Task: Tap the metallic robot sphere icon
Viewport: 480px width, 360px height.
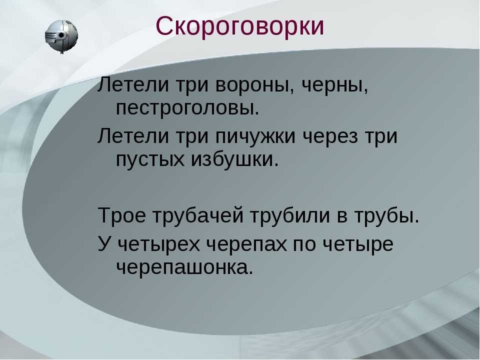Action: coord(61,36)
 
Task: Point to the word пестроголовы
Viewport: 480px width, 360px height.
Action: coord(187,108)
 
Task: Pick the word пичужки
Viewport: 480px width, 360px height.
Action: coord(255,136)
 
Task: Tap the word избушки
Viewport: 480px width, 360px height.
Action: coord(235,158)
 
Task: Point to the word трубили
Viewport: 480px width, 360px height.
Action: coord(290,214)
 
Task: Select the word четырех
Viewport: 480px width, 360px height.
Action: coord(158,245)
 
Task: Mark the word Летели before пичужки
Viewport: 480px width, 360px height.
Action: coord(133,136)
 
